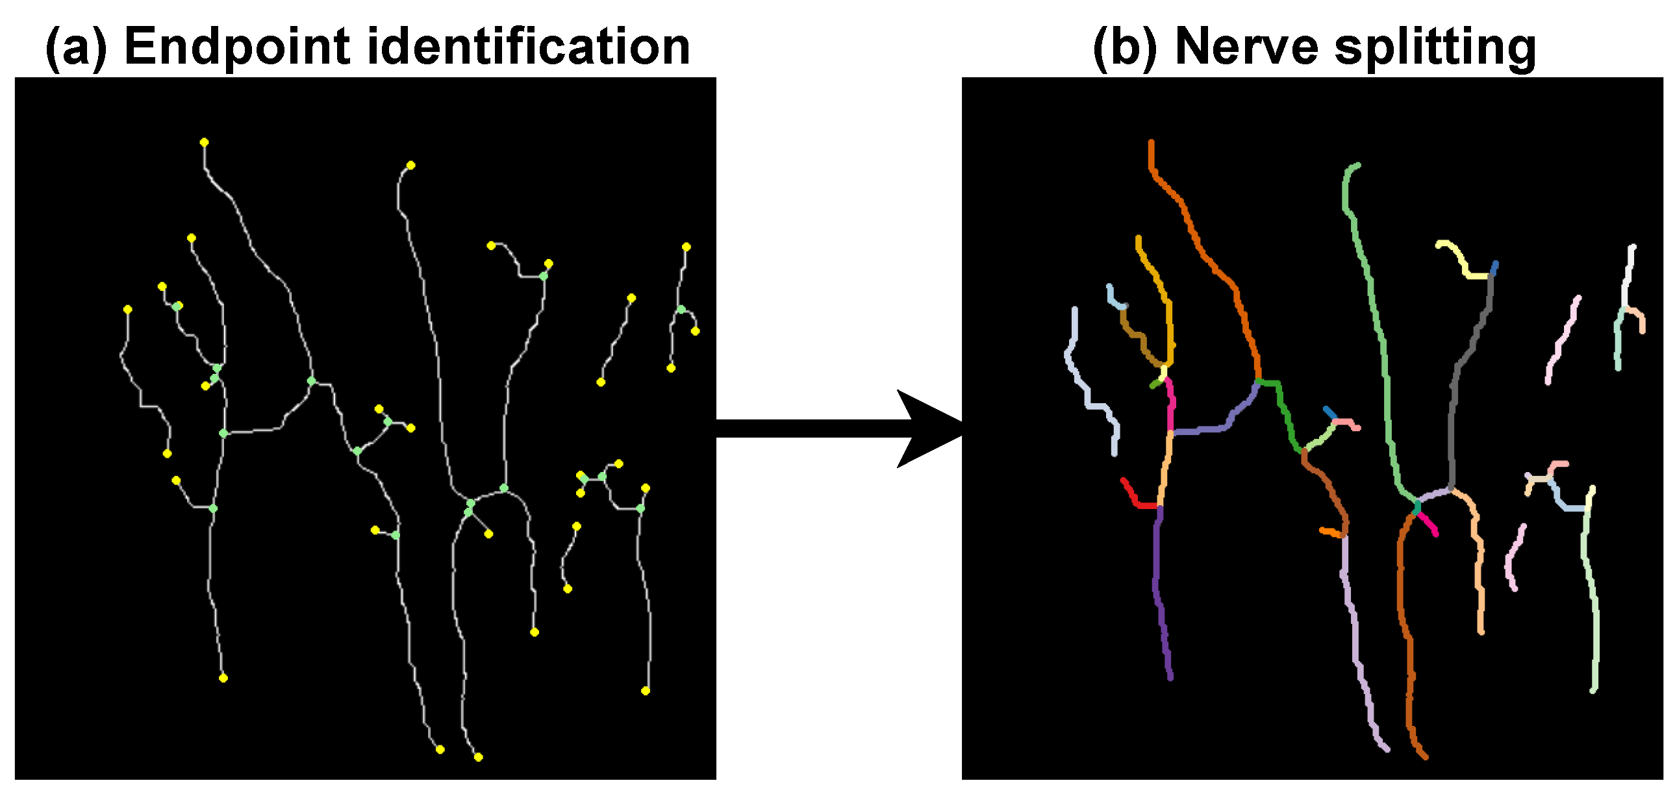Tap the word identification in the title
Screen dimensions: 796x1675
point(528,47)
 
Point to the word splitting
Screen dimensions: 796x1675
point(1435,47)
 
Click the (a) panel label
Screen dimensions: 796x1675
point(77,47)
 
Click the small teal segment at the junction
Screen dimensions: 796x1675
point(1417,506)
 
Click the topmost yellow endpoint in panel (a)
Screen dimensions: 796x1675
point(204,142)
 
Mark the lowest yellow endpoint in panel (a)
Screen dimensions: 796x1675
point(478,756)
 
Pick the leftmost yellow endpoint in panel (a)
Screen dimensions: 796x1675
point(127,309)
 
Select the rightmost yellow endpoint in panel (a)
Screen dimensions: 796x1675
point(695,331)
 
